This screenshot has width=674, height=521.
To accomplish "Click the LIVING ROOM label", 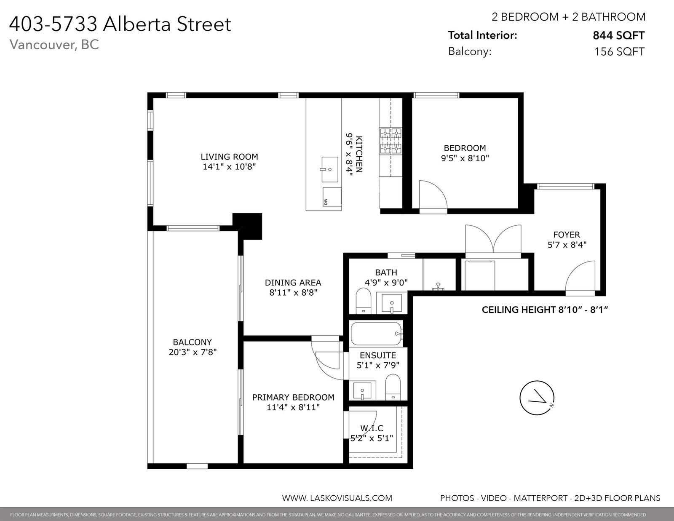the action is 229,157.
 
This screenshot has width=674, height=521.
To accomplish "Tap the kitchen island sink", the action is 329,169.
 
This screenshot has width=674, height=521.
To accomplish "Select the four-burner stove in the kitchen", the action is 391,141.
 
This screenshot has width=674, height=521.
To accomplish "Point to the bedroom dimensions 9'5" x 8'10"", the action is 465,158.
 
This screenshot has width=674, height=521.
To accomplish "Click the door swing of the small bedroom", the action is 441,189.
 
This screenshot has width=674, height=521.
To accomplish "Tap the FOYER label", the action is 567,235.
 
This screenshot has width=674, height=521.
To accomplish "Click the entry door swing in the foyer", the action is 574,270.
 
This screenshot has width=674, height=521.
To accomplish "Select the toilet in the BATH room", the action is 363,300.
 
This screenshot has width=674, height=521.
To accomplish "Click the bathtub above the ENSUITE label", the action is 377,334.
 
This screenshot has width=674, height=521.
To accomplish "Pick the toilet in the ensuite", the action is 393,387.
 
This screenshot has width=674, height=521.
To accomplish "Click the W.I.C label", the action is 372,428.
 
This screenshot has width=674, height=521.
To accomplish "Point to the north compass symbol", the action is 537,398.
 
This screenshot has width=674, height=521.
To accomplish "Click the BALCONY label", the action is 193,342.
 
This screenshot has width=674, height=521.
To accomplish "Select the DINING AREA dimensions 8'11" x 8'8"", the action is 293,292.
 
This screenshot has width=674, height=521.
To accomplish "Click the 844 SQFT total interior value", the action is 618,35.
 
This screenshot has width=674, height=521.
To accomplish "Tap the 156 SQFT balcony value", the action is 619,51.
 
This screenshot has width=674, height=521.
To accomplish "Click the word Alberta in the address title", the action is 137,24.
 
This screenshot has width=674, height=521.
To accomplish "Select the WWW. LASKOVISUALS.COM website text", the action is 337,498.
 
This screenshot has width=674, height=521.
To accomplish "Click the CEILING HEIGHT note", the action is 545,310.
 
